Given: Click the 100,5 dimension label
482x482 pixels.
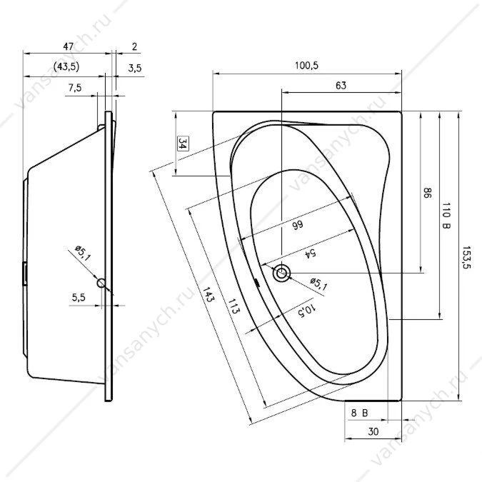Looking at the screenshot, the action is (306, 65).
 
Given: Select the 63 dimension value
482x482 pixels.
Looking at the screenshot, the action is (341, 85).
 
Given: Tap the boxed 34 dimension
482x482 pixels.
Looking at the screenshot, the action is (184, 144).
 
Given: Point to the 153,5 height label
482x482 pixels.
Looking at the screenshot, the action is (466, 257).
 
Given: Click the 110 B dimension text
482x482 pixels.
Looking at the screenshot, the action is (446, 216).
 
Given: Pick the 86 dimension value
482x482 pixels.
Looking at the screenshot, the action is (427, 193).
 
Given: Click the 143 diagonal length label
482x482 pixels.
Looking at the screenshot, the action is (208, 294).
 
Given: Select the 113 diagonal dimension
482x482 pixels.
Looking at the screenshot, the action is (234, 306).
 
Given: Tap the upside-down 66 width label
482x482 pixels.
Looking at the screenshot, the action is (297, 225).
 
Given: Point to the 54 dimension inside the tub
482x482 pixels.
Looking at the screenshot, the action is (310, 253).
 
